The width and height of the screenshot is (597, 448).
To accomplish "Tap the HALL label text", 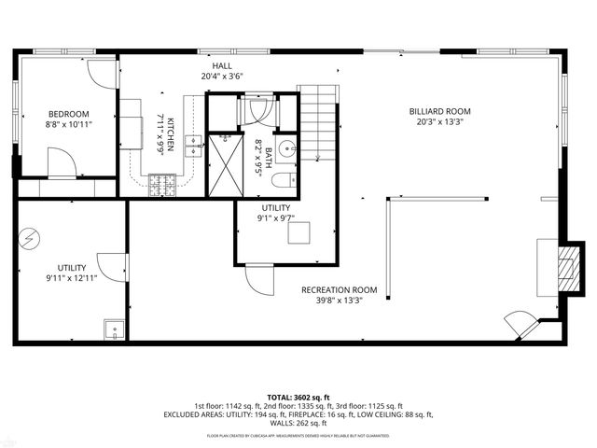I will (x=222, y=65).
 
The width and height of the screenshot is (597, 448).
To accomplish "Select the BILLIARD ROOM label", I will (x=438, y=110).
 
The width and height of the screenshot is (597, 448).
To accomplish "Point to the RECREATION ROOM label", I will (x=339, y=289).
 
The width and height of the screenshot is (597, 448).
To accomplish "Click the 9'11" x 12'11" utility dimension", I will (x=71, y=277).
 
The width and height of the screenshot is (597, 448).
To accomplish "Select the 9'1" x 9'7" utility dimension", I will (x=275, y=218).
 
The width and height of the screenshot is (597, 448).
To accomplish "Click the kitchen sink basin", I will (x=193, y=142).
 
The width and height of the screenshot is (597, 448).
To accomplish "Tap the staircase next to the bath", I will (x=317, y=121).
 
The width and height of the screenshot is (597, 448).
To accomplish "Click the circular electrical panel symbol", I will (x=31, y=237).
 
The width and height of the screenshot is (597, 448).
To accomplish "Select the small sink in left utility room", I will (x=114, y=329).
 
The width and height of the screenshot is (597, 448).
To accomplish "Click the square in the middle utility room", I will (x=298, y=234).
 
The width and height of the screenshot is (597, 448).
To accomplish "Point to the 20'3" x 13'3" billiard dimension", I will (x=438, y=121).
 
